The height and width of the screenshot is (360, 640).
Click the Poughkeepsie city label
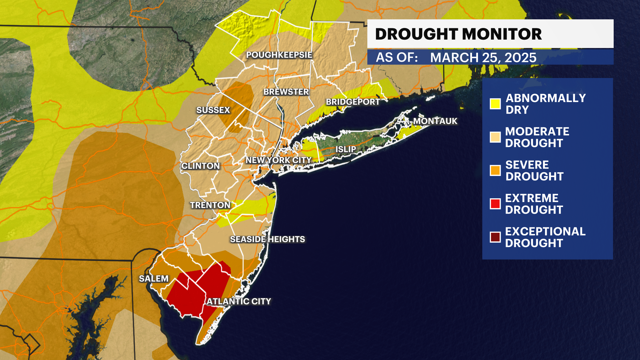pos(279,55)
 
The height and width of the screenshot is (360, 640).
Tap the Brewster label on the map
pos(286,92)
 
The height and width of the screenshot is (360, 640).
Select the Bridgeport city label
pos(353,102)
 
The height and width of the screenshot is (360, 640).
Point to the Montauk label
pos(435,121)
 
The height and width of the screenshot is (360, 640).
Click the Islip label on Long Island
pos(345,149)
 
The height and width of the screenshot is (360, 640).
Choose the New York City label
pos(278,160)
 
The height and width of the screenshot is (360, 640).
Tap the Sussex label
pos(213,110)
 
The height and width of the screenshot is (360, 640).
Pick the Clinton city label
pos(200,166)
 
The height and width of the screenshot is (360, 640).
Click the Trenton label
pos(210,205)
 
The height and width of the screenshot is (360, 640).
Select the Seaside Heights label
pos(267,239)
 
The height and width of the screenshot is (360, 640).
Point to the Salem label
pos(154,279)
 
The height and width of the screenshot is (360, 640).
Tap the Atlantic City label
pos(239,302)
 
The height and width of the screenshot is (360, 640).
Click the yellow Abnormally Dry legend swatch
pos(495,104)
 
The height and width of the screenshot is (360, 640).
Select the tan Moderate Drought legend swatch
pos(495,137)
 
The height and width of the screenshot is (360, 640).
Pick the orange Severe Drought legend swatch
pos(495,170)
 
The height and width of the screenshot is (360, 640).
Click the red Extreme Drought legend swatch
pos(495,204)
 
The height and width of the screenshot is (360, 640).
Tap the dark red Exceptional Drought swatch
pos(495,237)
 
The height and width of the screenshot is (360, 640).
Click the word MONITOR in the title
pos(502,34)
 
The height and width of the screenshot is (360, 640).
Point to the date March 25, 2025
pos(483,58)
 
